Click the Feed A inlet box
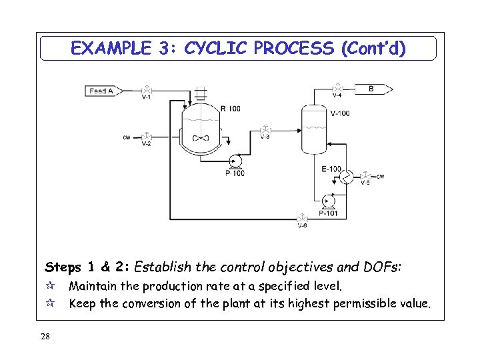101,91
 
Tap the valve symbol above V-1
146,90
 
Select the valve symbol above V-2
146,136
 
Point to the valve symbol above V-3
265,129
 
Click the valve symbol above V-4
338,88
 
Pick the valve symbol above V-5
364,176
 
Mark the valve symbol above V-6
302,217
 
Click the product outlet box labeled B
373,89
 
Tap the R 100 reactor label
230,109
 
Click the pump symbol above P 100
235,160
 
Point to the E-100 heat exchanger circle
346,177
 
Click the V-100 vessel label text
339,113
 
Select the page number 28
45,337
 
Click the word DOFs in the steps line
382,268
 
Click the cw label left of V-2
127,137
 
